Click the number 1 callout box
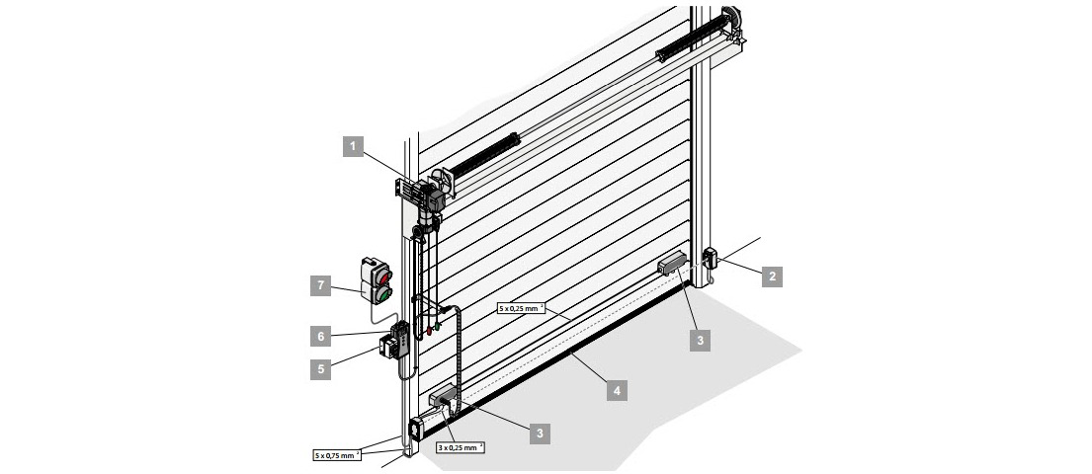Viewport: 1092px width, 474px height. click(x=353, y=146)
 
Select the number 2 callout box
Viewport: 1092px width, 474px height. click(x=772, y=276)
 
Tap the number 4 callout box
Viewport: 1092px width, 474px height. click(x=617, y=390)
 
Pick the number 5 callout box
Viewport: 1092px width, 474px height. click(x=321, y=369)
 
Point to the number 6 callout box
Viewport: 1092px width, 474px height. click(x=321, y=336)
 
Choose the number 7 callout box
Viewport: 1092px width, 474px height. click(x=321, y=285)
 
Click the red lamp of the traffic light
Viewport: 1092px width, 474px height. click(x=383, y=277)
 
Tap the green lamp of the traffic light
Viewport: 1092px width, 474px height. click(x=383, y=295)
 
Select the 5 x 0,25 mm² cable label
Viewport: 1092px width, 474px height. click(x=521, y=308)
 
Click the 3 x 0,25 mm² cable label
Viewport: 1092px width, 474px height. click(x=462, y=447)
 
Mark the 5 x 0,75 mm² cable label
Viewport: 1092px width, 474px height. click(x=337, y=455)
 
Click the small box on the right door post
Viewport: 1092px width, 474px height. click(x=711, y=258)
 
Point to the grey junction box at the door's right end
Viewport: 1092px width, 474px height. click(x=672, y=264)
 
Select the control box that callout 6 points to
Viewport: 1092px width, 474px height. click(x=399, y=340)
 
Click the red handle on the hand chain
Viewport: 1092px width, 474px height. click(x=429, y=331)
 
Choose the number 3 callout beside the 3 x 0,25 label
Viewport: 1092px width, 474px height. click(x=540, y=434)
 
